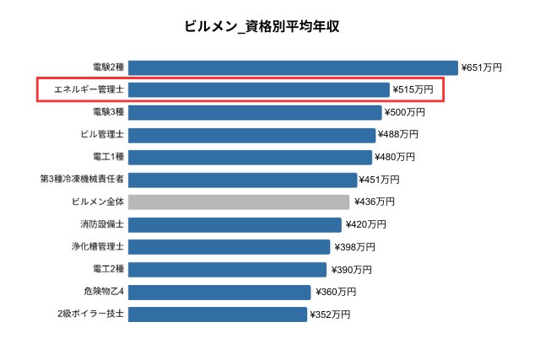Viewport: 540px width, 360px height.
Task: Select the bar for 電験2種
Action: tap(293, 67)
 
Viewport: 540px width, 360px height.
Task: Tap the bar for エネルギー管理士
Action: tap(259, 89)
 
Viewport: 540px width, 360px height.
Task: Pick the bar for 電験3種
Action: tap(255, 112)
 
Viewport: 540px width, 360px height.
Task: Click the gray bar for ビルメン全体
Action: tap(239, 201)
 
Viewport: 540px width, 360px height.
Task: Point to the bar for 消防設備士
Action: tap(235, 224)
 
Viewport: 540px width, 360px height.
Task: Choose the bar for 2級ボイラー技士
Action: tap(218, 314)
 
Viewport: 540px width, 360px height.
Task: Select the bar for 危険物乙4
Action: tap(219, 292)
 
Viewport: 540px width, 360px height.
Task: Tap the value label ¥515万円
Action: tap(413, 89)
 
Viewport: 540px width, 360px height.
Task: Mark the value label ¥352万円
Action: tap(330, 314)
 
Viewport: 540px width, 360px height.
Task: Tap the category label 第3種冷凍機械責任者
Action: tap(82, 180)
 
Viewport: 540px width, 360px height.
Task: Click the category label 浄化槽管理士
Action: tap(98, 247)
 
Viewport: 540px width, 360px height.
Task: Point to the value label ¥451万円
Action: tap(381, 180)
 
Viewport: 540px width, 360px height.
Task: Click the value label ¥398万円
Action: tap(354, 247)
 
